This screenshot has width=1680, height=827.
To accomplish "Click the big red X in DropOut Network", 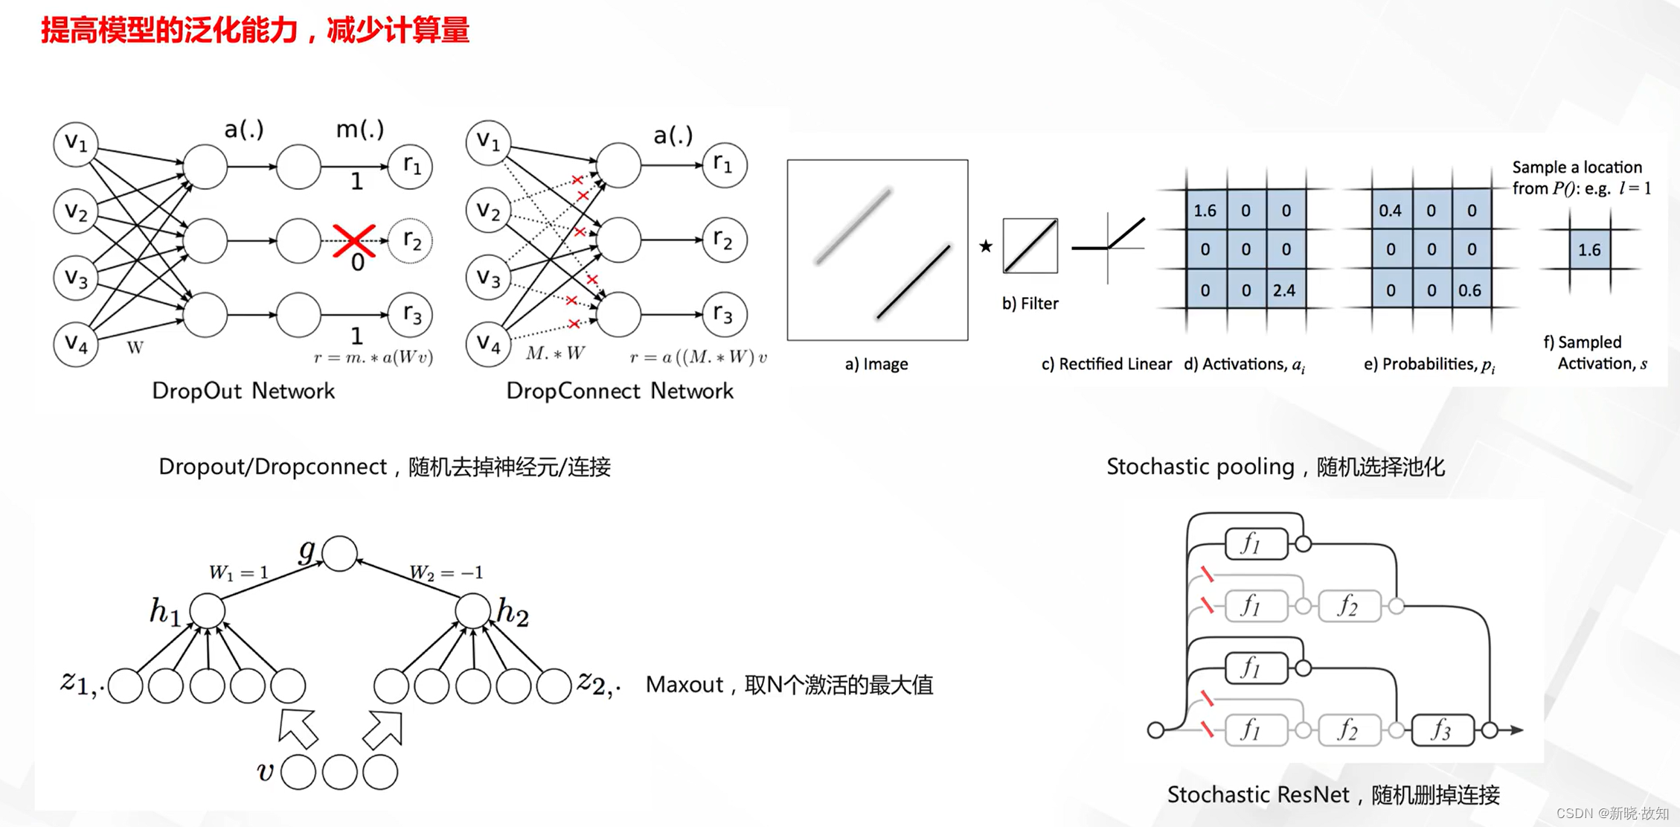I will (x=354, y=240).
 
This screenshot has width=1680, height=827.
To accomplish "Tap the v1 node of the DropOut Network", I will (x=76, y=144).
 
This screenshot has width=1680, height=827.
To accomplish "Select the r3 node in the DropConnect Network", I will (x=724, y=314).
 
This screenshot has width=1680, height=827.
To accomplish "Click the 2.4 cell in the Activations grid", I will (x=1285, y=290).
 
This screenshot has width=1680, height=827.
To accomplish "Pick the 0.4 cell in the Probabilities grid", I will (x=1390, y=211).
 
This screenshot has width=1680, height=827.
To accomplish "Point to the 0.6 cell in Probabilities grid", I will (x=1470, y=290).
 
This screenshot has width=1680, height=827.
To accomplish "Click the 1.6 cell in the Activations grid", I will (x=1205, y=211).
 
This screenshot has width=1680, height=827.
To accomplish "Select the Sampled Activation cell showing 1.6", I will (x=1589, y=250).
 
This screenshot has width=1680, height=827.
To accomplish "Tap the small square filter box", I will (x=1030, y=246).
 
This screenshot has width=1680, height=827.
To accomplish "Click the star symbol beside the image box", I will (x=986, y=246).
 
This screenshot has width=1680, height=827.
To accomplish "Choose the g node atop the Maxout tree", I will (x=340, y=553).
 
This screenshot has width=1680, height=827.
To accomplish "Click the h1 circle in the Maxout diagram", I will (x=207, y=610).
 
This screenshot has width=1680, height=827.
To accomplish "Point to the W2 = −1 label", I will (x=446, y=572).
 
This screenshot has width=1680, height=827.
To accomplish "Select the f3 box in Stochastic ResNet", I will (x=1442, y=730).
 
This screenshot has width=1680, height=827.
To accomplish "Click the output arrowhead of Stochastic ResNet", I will (x=1516, y=730).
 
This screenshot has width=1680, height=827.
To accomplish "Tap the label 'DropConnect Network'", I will (x=620, y=391).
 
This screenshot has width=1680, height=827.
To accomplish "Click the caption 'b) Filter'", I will (x=1030, y=304).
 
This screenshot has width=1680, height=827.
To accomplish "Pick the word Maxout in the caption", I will (x=684, y=685).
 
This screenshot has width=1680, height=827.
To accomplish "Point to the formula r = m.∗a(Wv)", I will (x=373, y=358).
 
